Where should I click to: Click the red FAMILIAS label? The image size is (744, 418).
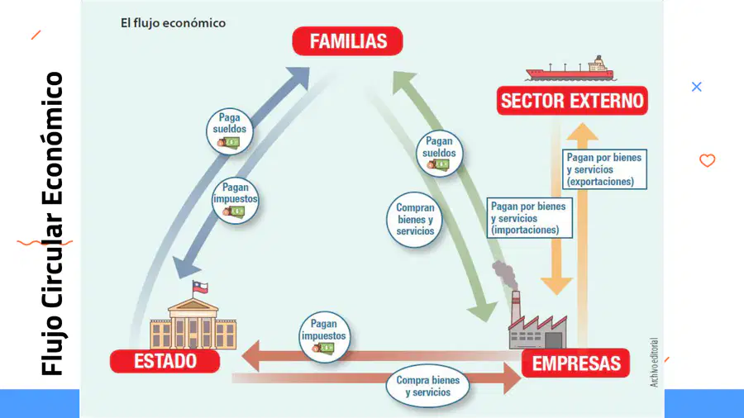347,41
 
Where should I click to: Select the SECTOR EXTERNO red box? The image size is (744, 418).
572,101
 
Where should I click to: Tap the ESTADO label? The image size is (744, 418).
165,361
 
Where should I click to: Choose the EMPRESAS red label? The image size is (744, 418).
575,363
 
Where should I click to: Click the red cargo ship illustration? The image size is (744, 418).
570,69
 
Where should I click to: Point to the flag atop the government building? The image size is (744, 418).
200,287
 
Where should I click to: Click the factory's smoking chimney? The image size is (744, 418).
515,307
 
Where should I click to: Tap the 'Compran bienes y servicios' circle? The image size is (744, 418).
415,220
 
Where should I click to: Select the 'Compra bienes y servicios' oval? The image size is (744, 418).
427,386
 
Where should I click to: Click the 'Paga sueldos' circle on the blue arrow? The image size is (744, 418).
230,131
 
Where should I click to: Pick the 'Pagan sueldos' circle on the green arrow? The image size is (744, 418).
439,154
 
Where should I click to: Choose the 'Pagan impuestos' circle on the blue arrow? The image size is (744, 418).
236,200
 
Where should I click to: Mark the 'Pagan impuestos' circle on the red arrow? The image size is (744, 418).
325,337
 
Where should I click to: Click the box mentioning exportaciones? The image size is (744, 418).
604,169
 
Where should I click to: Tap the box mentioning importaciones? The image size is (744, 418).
530,218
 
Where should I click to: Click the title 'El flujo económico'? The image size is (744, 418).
173,23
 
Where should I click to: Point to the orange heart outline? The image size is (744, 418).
707,160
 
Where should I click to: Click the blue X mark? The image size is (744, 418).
697,87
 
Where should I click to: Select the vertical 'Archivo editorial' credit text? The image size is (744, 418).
654,363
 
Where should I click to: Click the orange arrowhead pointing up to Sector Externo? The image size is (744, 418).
582,131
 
